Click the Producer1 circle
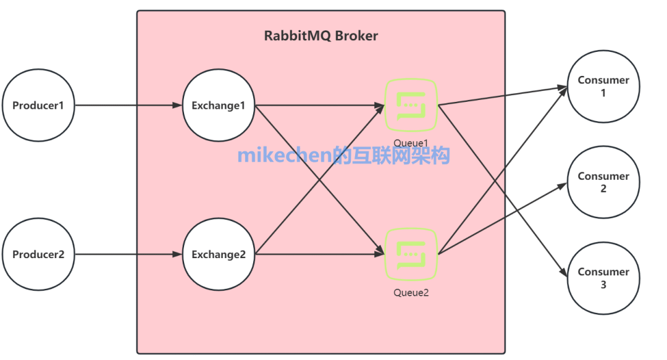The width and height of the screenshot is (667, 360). (38, 105)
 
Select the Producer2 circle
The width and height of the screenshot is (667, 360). (38, 254)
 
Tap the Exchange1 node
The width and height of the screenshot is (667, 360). (219, 105)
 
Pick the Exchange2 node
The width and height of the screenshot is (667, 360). (219, 254)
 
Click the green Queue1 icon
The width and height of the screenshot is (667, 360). (411, 105)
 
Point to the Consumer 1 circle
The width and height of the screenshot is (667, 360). (603, 86)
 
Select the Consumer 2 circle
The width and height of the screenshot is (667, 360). (603, 182)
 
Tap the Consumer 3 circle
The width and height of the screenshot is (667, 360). (603, 278)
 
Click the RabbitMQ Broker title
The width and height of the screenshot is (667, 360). (321, 35)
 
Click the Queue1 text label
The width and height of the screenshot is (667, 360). (411, 143)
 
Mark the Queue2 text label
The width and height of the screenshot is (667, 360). (411, 292)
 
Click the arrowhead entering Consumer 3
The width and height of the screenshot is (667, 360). (564, 273)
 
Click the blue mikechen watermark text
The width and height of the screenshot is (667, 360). (344, 155)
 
